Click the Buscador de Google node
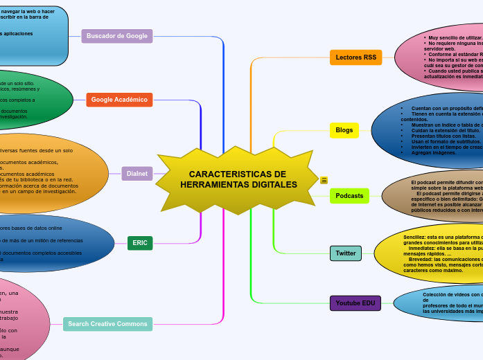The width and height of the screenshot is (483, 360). click(x=117, y=36)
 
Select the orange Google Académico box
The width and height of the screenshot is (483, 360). click(x=119, y=100)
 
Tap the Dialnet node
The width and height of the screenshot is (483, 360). click(x=137, y=173)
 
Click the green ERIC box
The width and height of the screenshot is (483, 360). click(x=140, y=243)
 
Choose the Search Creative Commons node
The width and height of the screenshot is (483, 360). click(x=108, y=324)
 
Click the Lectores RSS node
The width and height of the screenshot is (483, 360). click(x=355, y=57)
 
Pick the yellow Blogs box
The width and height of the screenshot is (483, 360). click(x=344, y=130)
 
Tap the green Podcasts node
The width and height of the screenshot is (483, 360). click(x=349, y=196)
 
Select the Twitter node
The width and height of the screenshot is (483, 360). click(x=345, y=253)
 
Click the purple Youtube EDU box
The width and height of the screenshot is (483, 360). click(x=355, y=303)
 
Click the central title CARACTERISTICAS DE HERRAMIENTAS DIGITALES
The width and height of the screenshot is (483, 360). click(x=238, y=179)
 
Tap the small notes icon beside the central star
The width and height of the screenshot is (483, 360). click(x=324, y=181)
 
